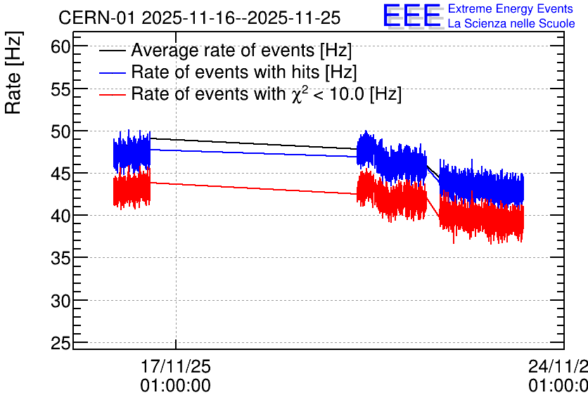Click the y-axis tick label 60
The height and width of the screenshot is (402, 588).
pos(60,47)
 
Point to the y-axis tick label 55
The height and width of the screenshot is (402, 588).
pos(60,90)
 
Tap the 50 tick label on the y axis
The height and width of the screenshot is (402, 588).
pos(60,132)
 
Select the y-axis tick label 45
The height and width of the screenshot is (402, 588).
pos(60,174)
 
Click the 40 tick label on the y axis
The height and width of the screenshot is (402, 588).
pos(60,216)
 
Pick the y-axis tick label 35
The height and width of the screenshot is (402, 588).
pos(60,259)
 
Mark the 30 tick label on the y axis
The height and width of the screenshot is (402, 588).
pos(60,301)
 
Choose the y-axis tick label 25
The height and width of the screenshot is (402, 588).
pos(60,344)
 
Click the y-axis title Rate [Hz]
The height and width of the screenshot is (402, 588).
pos(13,72)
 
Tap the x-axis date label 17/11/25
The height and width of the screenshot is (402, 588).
pos(176,366)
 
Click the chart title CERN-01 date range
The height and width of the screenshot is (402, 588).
pos(200,18)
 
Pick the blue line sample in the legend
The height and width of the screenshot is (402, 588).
pos(113,72)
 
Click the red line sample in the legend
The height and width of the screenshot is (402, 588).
pos(113,94)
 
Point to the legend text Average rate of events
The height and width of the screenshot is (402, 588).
pos(223,51)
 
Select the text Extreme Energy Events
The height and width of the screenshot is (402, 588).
pos(511,8)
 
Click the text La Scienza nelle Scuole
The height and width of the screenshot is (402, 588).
pos(511,24)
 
